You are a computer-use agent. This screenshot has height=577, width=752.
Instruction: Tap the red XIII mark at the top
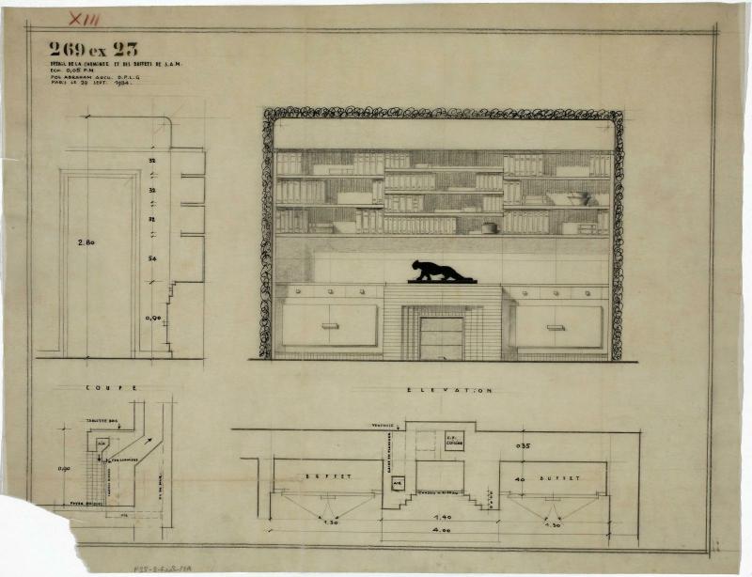85,18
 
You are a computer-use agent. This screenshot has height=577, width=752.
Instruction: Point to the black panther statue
440,272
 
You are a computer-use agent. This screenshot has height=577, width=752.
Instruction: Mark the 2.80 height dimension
86,242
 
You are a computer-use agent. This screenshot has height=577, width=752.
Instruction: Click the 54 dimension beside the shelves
150,257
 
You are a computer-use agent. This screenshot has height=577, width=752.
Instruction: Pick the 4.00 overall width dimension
439,532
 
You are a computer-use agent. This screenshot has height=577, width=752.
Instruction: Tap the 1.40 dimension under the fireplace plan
439,516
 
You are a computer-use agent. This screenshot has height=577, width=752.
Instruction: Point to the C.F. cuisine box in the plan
454,441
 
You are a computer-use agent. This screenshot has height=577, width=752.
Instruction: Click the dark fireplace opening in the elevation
441,338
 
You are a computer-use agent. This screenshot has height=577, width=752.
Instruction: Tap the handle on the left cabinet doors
329,326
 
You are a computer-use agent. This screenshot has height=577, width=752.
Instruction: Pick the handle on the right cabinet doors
556,327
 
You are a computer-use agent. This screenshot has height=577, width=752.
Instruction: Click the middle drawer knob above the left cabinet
329,292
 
